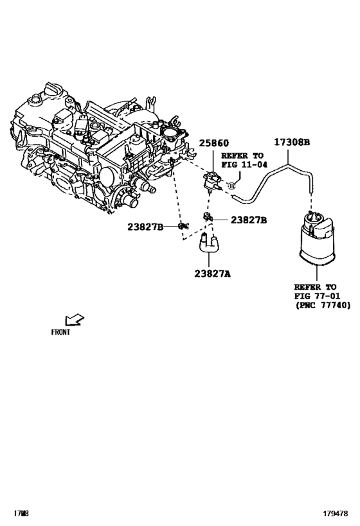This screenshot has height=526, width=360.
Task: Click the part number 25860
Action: click(213, 143)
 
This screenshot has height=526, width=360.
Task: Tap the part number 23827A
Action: click(212, 274)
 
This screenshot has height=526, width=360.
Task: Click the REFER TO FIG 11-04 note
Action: click(243, 160)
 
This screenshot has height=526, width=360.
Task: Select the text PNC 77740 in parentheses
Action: click(323, 306)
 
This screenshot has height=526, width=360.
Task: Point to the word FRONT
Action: click(60, 333)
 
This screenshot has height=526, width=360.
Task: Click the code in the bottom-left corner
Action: click(22, 514)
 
